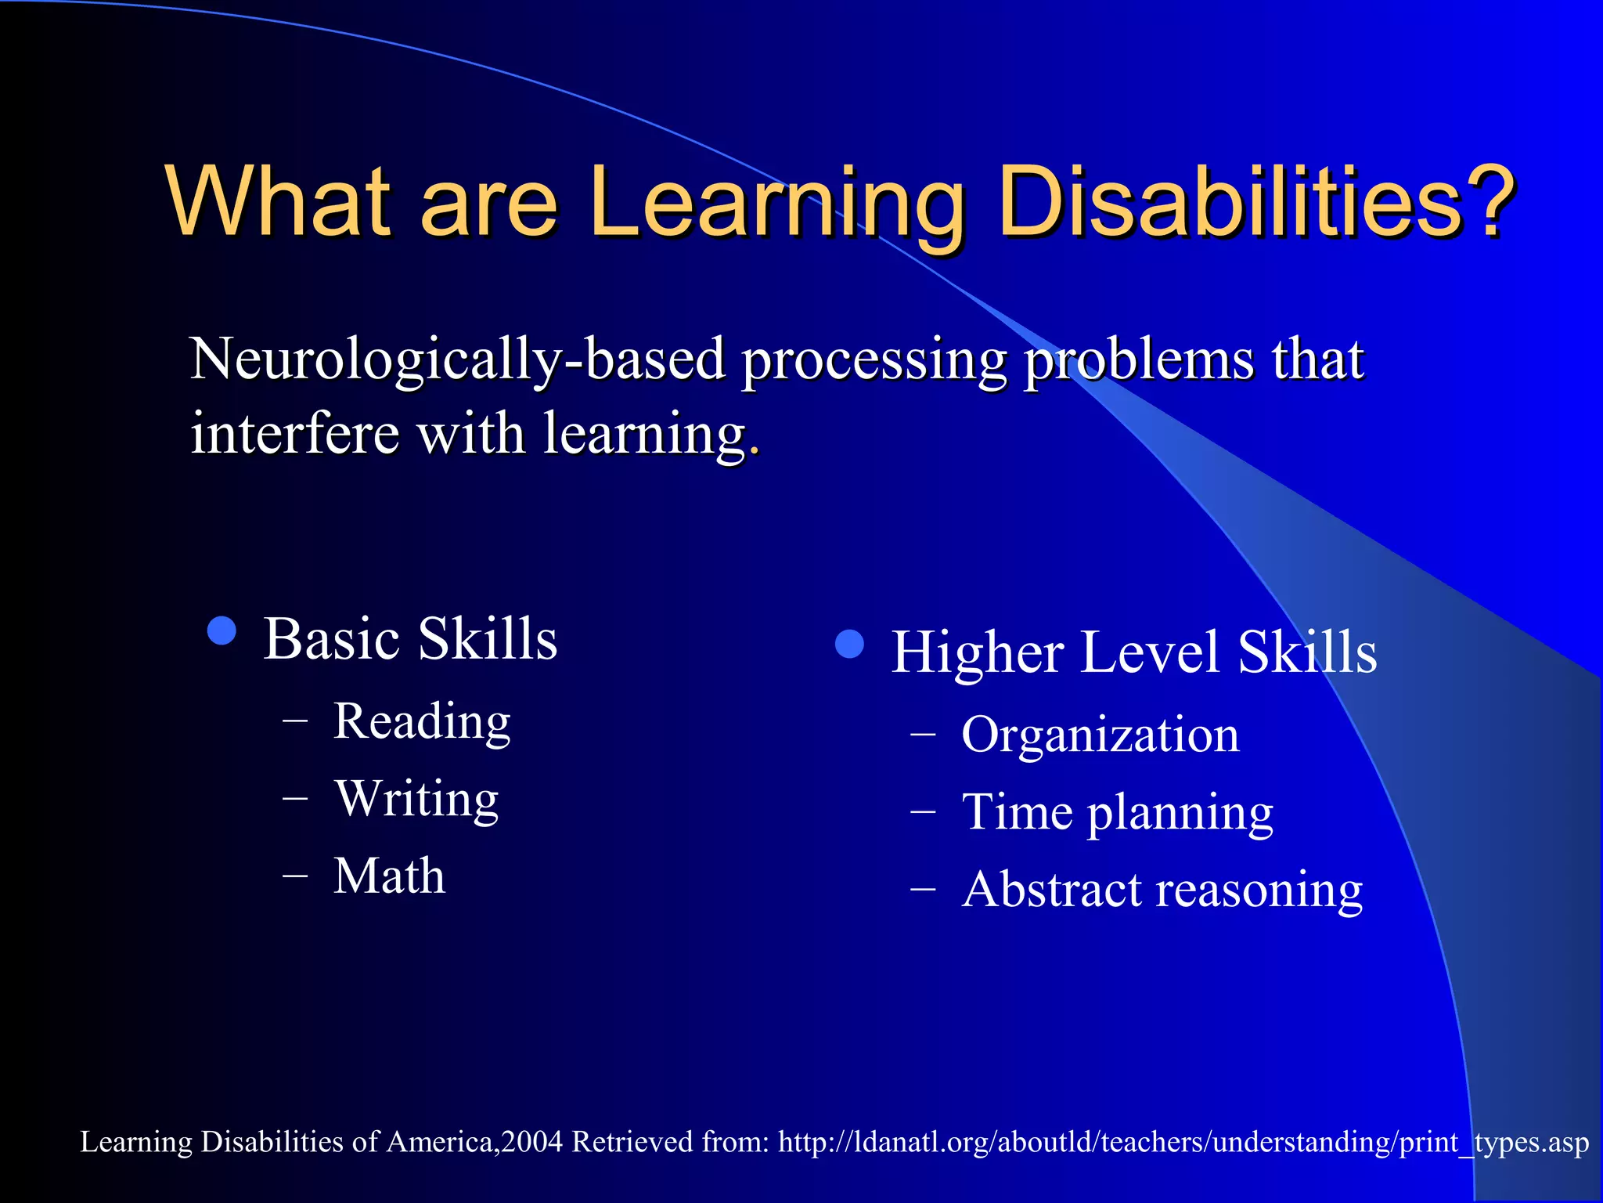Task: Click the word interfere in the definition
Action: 294,433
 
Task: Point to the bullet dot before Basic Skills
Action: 222,630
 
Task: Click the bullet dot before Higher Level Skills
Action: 849,644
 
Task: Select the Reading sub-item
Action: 422,721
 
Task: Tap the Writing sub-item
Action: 416,799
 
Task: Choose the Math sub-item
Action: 389,875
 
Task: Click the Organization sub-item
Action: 1100,735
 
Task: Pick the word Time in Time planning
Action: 1017,811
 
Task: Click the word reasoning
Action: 1259,891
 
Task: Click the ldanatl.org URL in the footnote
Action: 1183,1143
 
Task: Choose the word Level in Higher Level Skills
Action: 1150,652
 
